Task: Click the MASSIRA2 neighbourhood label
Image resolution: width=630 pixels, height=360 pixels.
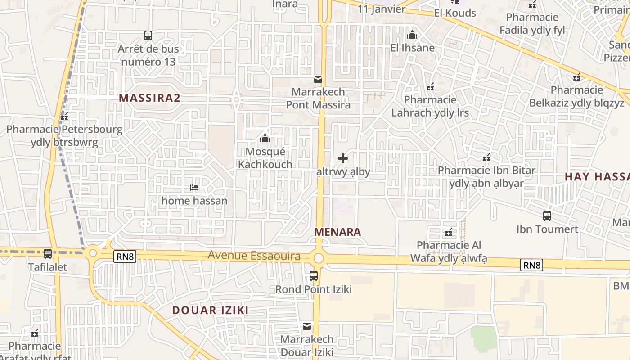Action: coord(149,98)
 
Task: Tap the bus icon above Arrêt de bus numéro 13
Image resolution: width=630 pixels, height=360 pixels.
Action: coord(148,35)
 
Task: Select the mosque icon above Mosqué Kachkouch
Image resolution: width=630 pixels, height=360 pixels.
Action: coord(265,138)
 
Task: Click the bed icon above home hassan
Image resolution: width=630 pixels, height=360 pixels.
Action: coord(194,187)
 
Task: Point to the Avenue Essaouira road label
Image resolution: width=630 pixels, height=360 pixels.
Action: coord(254,256)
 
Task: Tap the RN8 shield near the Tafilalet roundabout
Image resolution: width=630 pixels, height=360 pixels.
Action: coord(125,256)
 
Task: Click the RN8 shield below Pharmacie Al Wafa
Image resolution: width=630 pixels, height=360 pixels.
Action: coord(531,265)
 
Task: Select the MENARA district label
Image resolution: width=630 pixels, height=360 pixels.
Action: coord(337,232)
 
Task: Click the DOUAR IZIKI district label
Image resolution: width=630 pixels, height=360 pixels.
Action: coord(210,310)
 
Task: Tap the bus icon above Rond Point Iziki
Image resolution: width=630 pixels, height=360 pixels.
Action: coord(314,276)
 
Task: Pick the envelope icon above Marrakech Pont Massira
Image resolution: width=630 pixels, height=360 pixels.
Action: coord(318,79)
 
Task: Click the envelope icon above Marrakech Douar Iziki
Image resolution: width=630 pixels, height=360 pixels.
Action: coord(307,326)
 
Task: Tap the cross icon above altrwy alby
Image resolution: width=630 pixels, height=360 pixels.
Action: coord(343,158)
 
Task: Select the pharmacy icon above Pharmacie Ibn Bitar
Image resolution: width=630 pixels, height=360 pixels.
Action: coord(486,157)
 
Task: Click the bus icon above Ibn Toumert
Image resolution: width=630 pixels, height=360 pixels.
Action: coord(547,216)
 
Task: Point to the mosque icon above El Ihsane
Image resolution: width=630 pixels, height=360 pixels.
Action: coord(412,35)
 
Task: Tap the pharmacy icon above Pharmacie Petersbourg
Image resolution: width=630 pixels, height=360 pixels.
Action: coord(64,117)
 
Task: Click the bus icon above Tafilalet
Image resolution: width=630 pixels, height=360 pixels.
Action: coord(48,254)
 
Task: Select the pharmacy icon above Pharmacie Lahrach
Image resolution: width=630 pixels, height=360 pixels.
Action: coord(430,86)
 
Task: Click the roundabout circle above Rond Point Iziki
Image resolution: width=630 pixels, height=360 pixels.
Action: coord(319,258)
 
